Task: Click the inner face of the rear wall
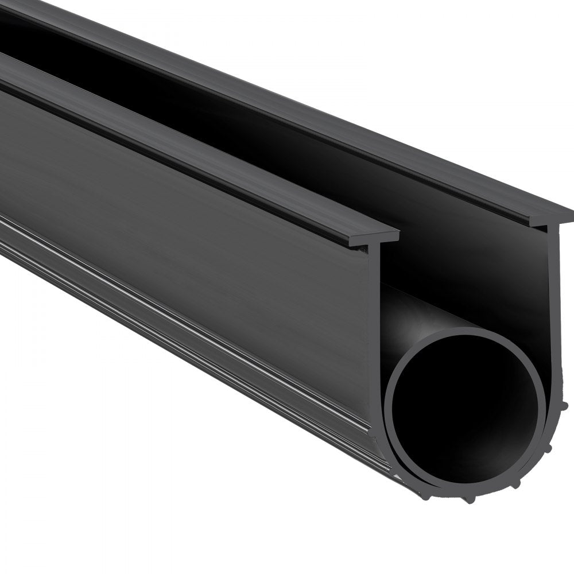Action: (x=459, y=241)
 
